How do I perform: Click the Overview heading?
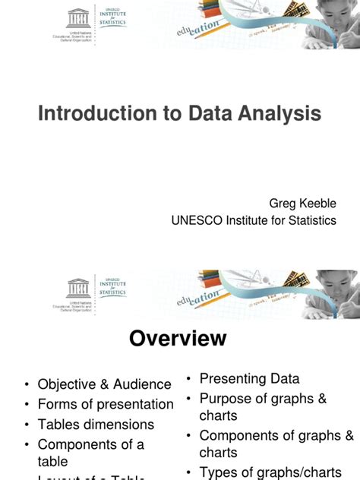coord(178,338)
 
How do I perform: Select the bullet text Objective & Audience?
coord(105,385)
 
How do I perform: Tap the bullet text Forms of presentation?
coord(106,404)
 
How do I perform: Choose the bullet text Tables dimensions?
coord(96,425)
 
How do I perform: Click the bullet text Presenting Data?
coord(249,378)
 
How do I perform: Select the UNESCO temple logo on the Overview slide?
coord(78,288)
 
